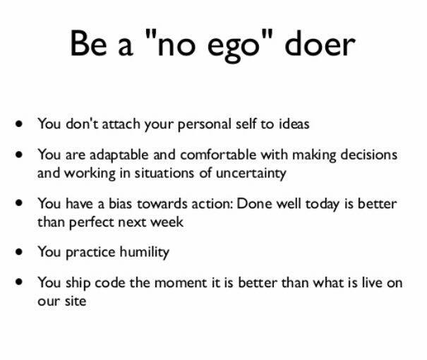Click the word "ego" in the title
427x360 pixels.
click(233, 47)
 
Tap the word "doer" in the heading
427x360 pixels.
click(320, 43)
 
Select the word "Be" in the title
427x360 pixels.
click(88, 44)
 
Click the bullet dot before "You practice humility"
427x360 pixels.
click(19, 251)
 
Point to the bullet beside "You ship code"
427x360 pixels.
click(19, 282)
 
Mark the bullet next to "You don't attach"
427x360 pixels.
click(19, 124)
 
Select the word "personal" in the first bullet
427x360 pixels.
click(204, 125)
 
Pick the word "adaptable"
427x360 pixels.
click(119, 155)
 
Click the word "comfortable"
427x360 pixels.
click(218, 155)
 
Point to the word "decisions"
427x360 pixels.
click(368, 155)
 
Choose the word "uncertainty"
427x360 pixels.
click(251, 174)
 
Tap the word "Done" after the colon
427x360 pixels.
click(254, 204)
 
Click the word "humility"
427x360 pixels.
click(144, 252)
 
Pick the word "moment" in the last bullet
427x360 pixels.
click(181, 282)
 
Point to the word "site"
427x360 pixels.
click(75, 301)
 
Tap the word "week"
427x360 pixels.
click(167, 222)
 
